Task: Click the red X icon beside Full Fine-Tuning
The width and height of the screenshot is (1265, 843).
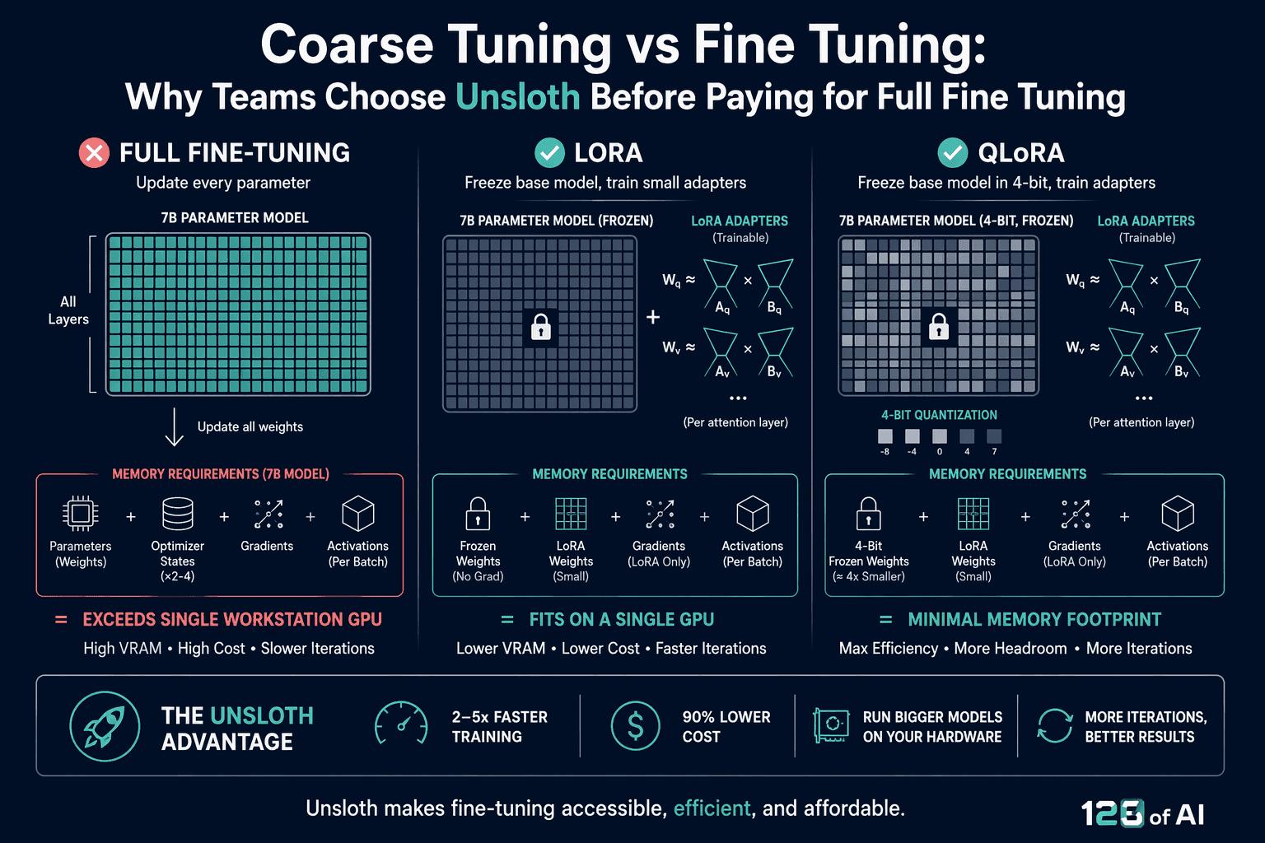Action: (95, 152)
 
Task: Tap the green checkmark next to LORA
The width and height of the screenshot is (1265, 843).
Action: (549, 152)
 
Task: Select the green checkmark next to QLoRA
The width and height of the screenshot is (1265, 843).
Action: (953, 152)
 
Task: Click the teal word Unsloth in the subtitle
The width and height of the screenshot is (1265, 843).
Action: (518, 96)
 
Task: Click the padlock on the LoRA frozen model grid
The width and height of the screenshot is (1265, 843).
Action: (540, 327)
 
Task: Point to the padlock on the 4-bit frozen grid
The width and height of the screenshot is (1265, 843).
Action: (939, 327)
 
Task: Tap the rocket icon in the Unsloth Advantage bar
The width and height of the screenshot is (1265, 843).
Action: (105, 726)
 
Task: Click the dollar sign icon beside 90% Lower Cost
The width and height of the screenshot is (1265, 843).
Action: (635, 725)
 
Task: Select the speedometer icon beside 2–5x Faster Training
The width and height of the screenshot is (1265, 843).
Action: (401, 724)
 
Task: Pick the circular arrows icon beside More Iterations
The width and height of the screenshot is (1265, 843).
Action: (1054, 725)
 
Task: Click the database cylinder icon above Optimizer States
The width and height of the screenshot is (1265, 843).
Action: (178, 513)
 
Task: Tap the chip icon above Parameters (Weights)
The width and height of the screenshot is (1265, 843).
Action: (80, 513)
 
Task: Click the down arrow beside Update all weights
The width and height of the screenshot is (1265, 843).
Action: (174, 427)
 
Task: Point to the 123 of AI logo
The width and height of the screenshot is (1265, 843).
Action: (1143, 813)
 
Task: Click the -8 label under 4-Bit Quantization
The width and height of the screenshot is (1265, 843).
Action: (885, 452)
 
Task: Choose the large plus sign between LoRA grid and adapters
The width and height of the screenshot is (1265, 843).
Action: (653, 317)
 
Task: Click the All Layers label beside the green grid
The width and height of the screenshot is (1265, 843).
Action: (68, 310)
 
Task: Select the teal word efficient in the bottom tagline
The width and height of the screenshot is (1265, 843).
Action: (712, 808)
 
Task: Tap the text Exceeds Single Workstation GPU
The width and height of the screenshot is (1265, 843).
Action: (232, 619)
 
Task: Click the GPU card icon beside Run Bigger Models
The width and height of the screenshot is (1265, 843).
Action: (831, 725)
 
